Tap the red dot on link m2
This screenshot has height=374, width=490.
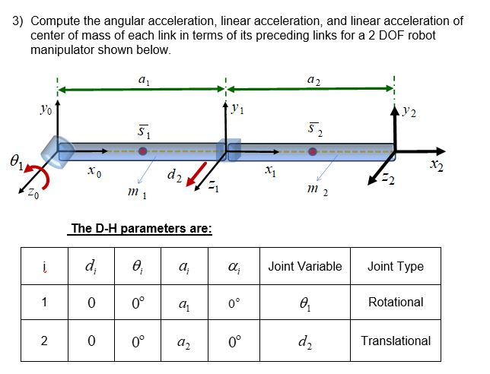coord(313,152)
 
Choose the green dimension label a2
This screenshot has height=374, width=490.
coord(312,78)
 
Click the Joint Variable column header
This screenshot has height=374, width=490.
coord(305,266)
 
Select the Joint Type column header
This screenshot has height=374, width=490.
coord(395,266)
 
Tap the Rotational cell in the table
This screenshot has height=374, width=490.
coord(396,302)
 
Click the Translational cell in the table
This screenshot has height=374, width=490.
coord(396,341)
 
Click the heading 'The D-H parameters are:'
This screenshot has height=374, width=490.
coord(141,227)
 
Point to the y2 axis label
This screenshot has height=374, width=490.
coord(410,112)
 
